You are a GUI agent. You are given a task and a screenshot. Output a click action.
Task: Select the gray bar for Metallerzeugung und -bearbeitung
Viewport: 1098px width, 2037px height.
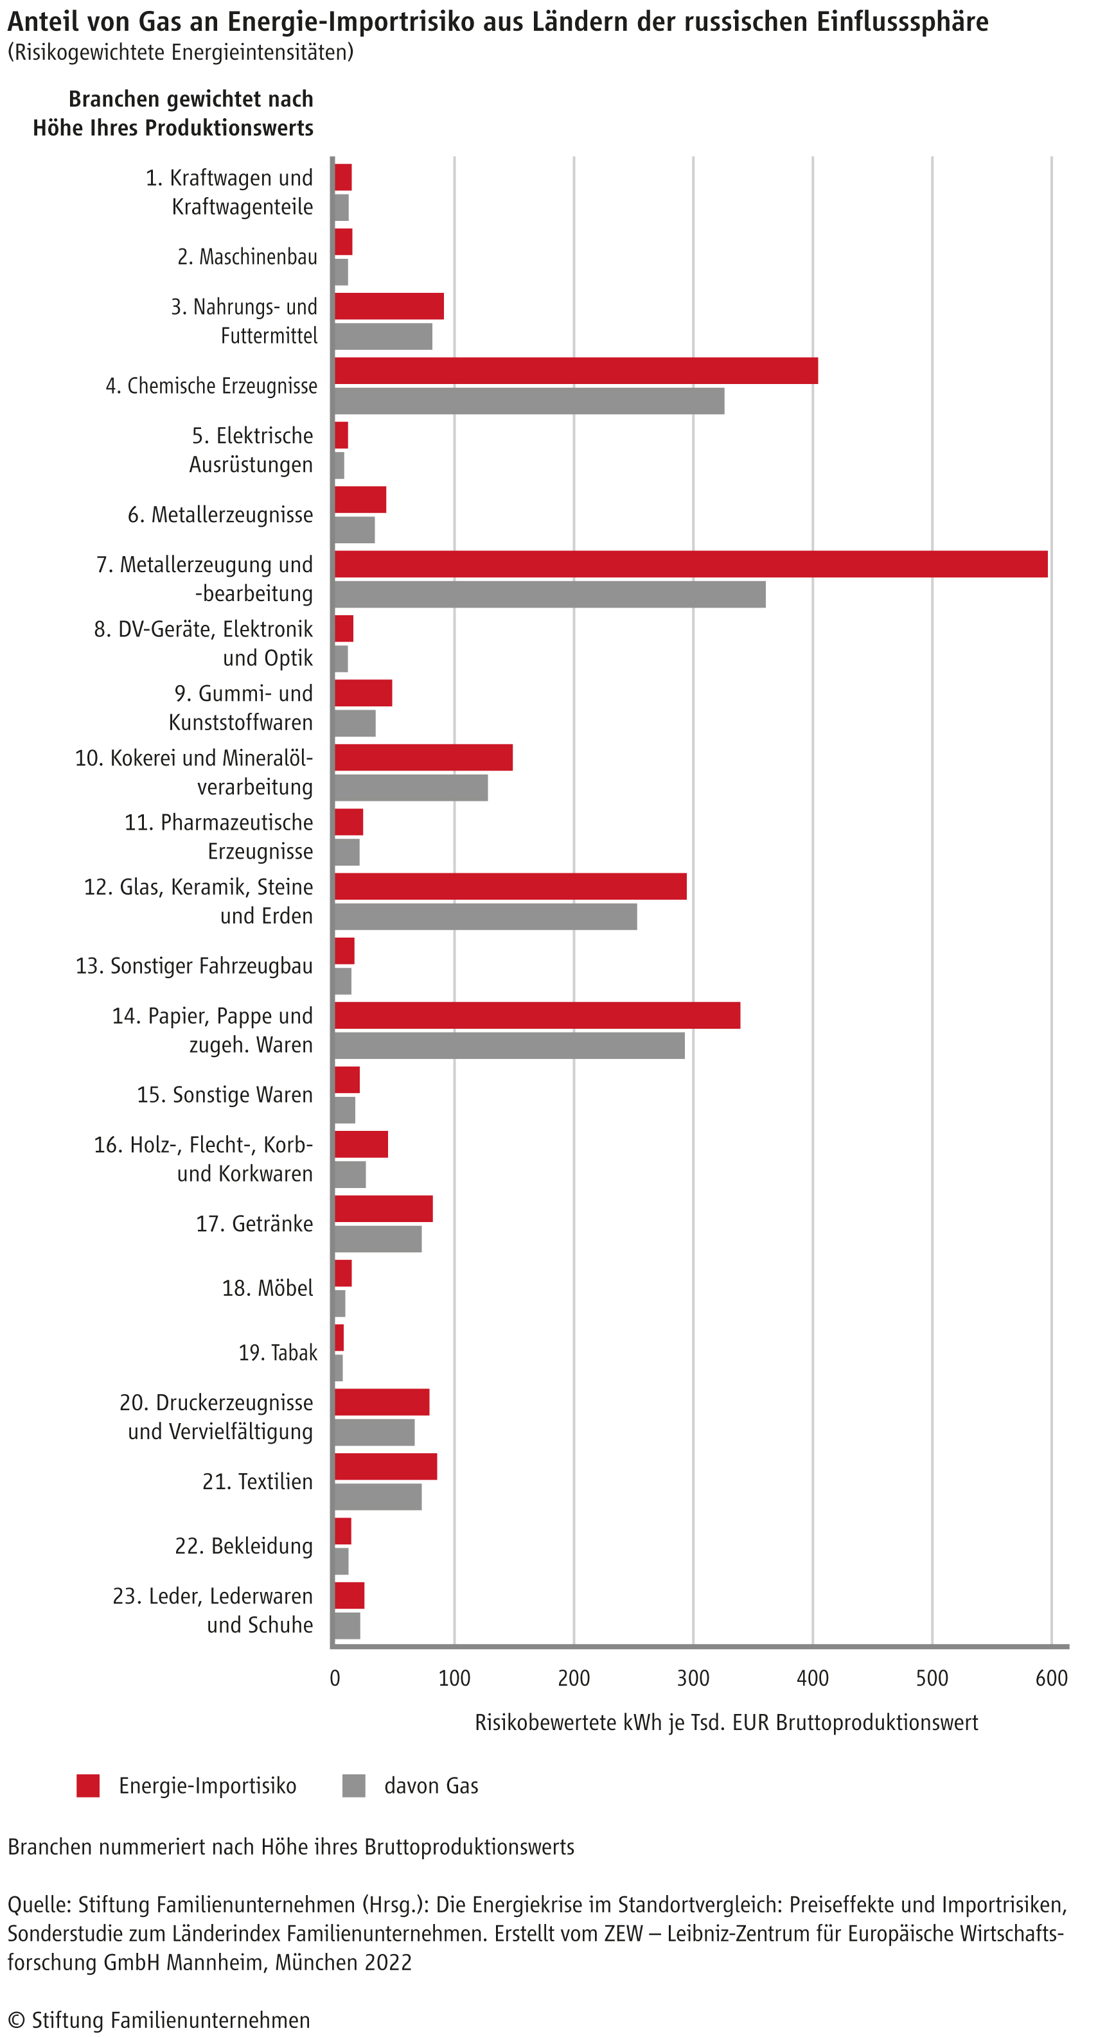tap(550, 594)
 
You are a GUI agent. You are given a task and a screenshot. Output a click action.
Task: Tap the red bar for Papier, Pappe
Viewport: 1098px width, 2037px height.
tap(537, 1015)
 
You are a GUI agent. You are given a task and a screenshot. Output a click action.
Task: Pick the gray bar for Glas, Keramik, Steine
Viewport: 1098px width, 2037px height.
tap(486, 916)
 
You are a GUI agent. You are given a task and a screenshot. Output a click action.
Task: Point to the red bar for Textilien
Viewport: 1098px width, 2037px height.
tap(385, 1466)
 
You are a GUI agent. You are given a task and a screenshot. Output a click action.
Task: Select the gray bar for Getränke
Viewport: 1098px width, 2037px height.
tap(378, 1238)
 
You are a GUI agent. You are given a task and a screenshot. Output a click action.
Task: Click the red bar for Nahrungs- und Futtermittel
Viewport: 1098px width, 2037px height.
tap(389, 306)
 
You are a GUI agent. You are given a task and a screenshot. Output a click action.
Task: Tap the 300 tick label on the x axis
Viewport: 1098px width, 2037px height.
tap(693, 1677)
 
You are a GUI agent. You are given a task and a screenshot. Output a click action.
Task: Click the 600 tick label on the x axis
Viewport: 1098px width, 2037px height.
tap(1051, 1677)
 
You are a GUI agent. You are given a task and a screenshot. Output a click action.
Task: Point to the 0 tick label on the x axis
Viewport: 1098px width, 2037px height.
tap(335, 1677)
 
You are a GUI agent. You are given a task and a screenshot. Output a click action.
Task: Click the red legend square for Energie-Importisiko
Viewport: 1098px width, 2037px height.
tap(88, 1785)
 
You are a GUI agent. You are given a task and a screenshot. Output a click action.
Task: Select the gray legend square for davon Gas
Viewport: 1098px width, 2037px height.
tap(353, 1785)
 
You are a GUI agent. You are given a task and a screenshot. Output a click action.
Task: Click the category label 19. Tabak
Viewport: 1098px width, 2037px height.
tap(278, 1352)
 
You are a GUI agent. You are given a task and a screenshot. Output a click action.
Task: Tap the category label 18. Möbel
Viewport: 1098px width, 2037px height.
tap(267, 1288)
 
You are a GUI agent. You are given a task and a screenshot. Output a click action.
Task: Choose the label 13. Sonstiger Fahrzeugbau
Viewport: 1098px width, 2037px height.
tap(194, 965)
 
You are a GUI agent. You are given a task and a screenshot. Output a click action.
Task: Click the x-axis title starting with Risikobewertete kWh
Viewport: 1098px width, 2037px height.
tap(726, 1722)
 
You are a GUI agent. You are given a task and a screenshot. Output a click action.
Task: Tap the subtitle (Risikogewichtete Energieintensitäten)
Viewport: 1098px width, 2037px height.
tap(181, 52)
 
